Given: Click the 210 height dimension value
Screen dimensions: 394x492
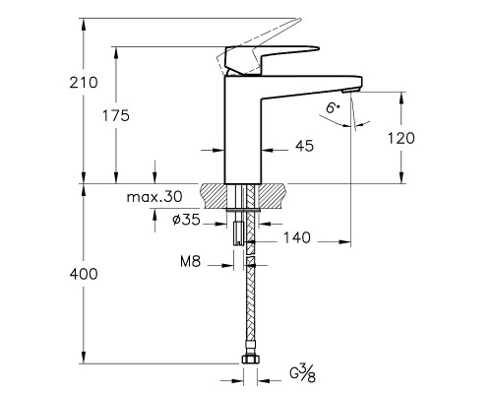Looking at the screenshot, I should point(84,83).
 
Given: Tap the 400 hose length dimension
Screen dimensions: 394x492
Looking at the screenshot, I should point(85,273).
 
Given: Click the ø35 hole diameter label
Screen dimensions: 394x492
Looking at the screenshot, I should point(185,222).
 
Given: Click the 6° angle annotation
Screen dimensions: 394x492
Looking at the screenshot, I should point(336,111).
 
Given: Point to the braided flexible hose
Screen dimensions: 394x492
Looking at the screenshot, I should point(252,305).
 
